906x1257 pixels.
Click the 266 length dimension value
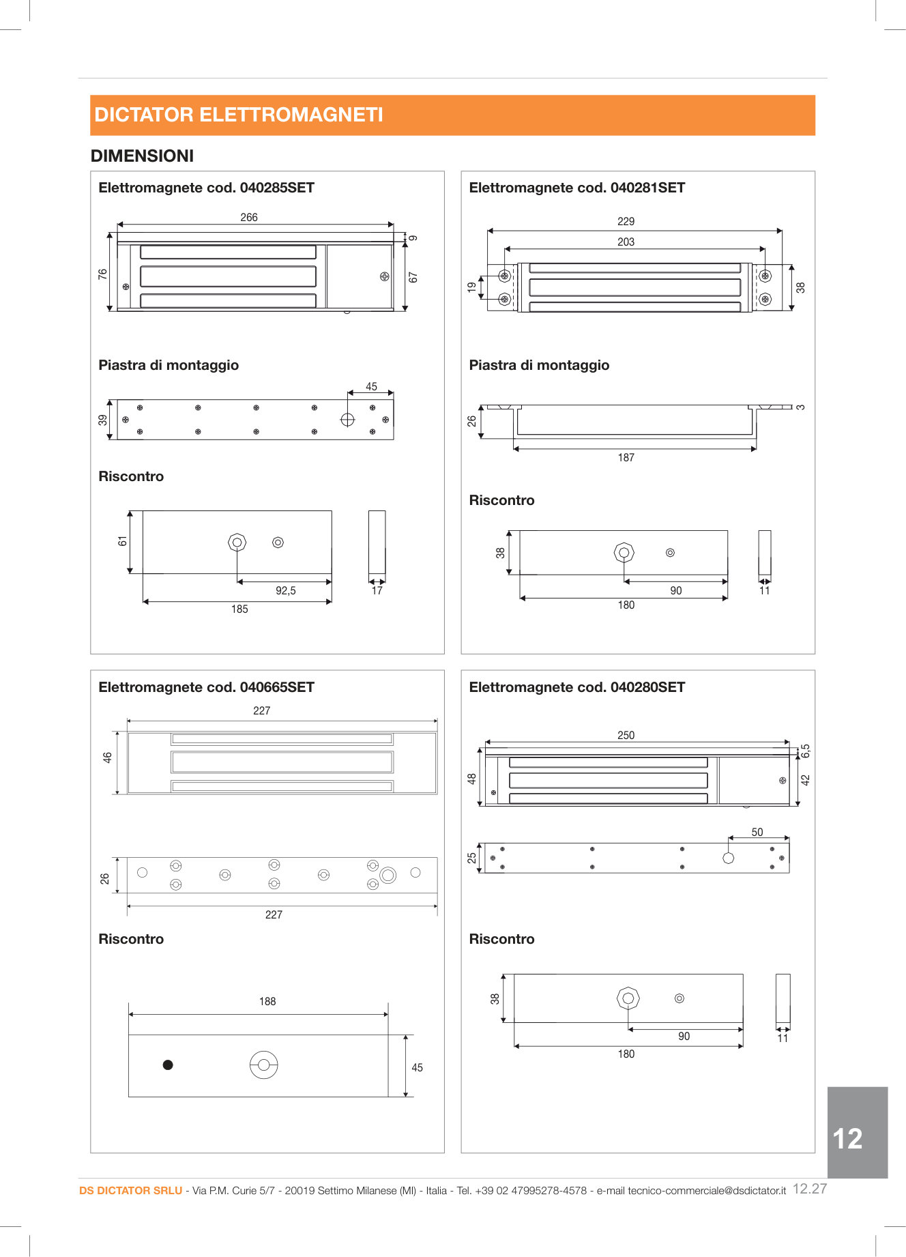coord(249,217)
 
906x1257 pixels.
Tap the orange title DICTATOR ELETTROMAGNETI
coord(239,115)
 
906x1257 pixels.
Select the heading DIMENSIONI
coord(142,156)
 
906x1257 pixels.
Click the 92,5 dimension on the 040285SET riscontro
coord(285,591)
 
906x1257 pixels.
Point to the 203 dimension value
coord(626,242)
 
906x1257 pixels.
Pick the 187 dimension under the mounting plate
coord(626,458)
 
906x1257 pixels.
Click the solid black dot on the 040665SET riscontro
coord(168,1065)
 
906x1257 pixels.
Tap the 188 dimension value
coord(267,1002)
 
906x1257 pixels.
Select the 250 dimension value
coord(626,736)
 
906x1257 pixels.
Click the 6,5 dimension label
coord(805,751)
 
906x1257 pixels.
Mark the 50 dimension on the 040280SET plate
coord(757,833)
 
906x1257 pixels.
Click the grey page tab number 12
coord(848,1139)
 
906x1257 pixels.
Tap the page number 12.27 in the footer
coord(810,1189)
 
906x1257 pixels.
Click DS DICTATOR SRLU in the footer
coord(131,1191)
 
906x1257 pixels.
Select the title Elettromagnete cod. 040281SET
coord(576,188)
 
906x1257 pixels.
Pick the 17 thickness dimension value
coord(377,591)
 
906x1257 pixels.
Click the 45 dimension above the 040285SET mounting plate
coord(371,386)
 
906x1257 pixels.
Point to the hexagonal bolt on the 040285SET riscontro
coord(237,543)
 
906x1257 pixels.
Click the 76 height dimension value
coord(103,274)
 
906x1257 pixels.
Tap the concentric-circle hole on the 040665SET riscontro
coord(263,1065)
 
